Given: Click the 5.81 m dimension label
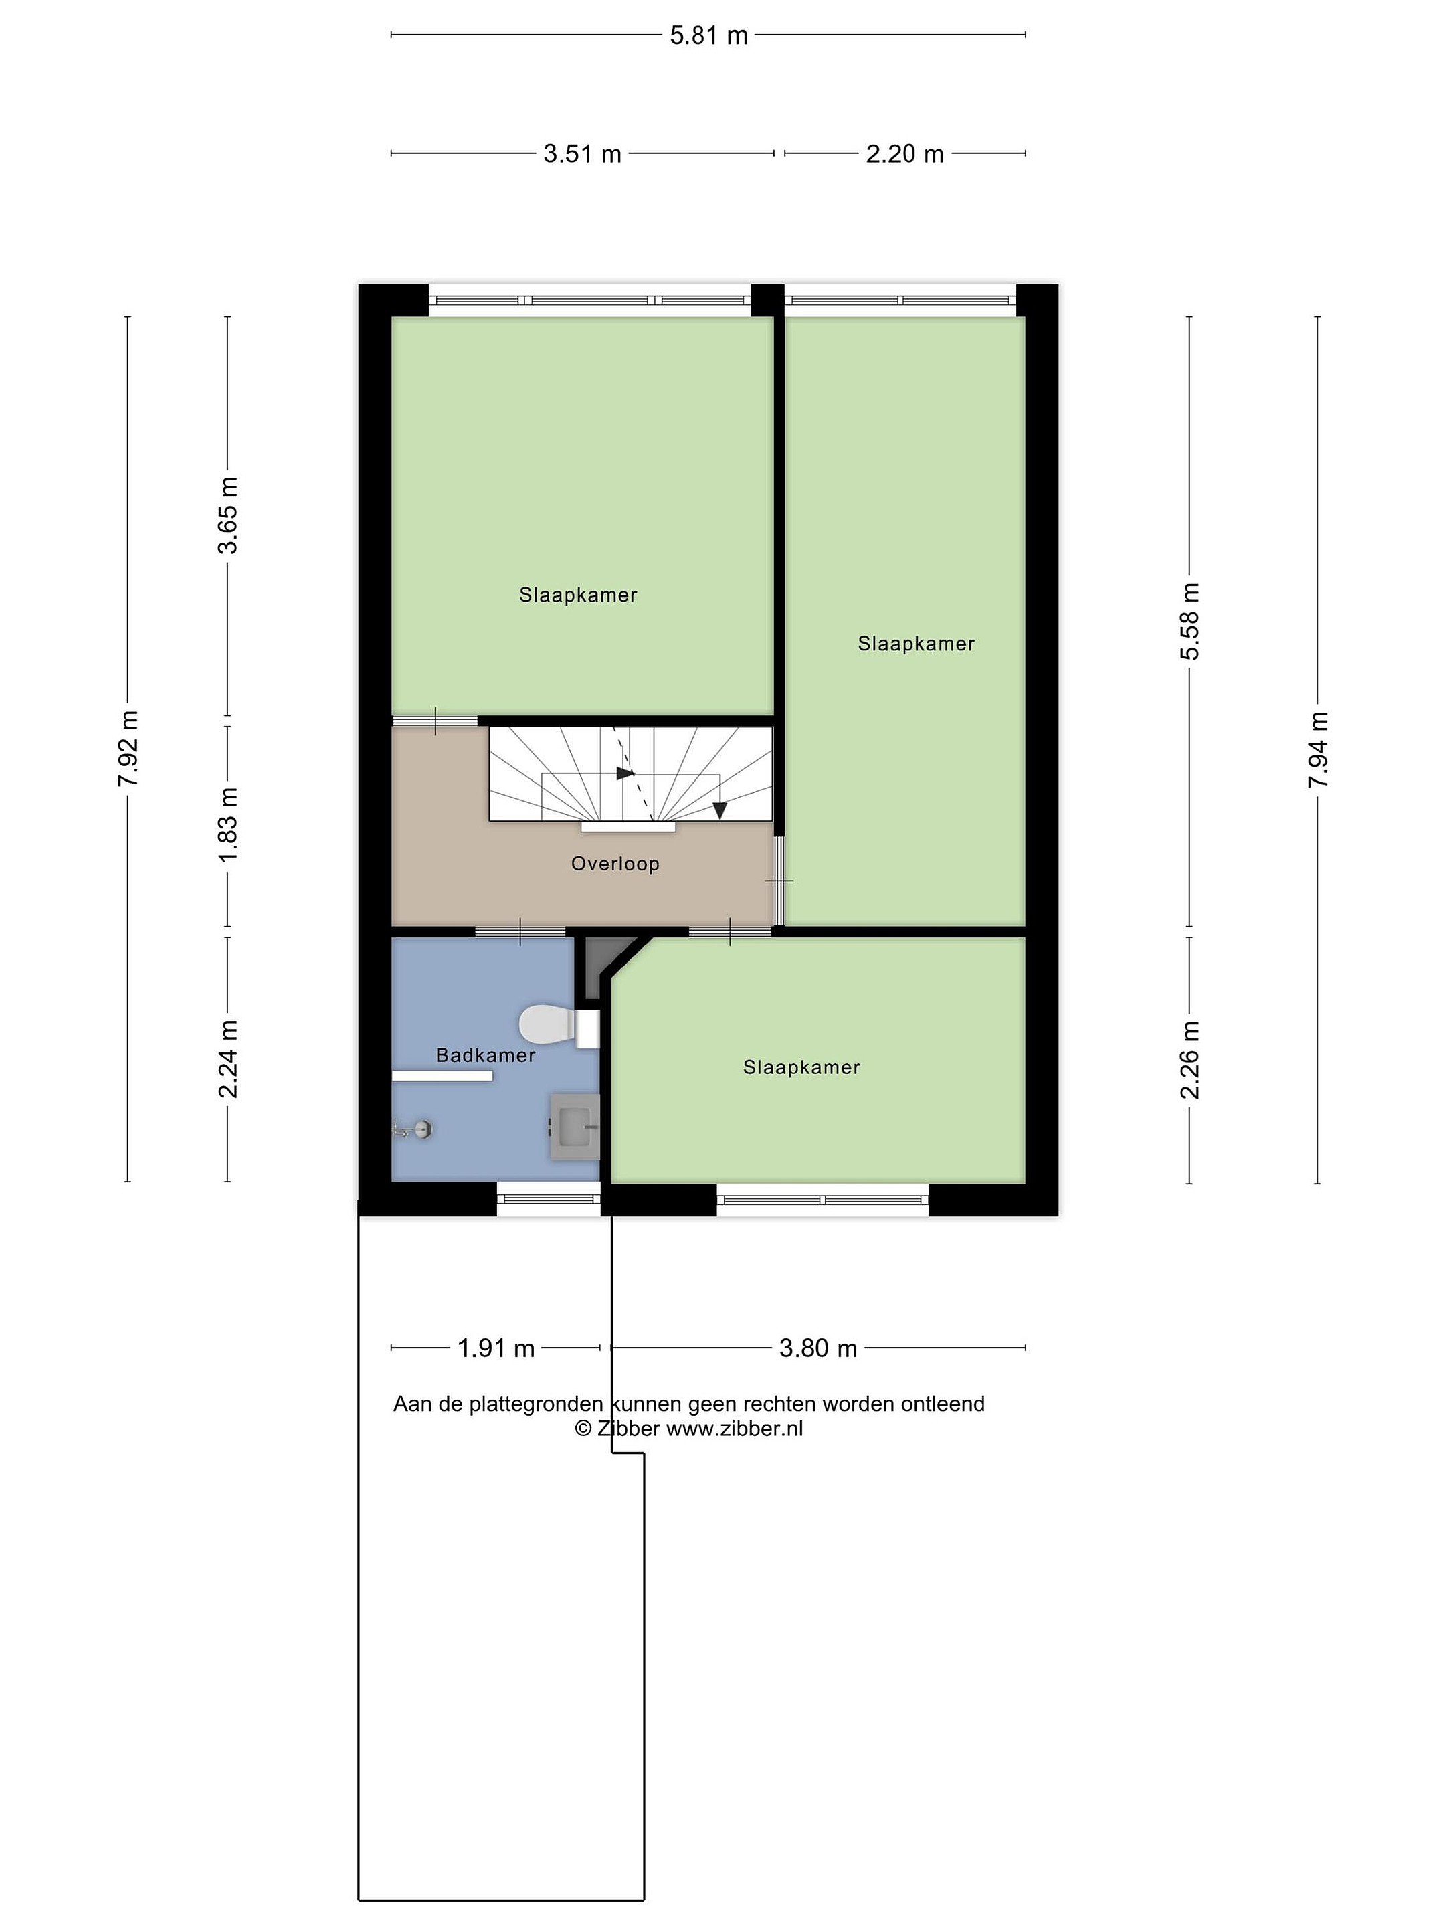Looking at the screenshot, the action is [708, 35].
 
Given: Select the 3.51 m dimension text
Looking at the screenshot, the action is [582, 154].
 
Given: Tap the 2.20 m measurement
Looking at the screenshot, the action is [904, 154].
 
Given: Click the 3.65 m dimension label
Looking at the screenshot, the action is [228, 515].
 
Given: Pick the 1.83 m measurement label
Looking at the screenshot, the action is [228, 826].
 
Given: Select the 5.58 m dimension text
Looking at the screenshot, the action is [1190, 621].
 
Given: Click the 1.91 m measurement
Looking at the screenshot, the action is [496, 1348].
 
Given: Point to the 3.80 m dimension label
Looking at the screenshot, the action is [818, 1348].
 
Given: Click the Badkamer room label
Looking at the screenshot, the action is [485, 1055].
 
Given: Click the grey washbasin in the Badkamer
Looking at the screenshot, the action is [575, 1126].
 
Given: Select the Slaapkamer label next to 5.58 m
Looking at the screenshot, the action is [915, 644].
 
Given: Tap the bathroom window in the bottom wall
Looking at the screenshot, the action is [549, 1199].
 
